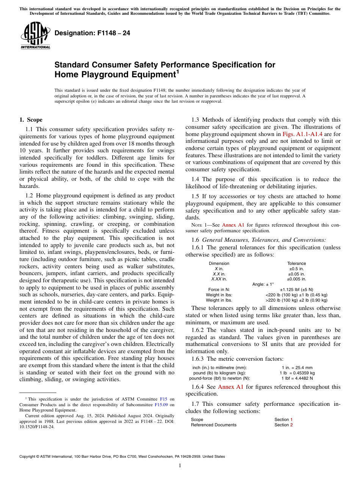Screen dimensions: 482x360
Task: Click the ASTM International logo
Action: [x=35, y=36]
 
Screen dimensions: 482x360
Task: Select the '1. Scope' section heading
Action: [x=31, y=120]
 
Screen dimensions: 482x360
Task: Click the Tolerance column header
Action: [x=296, y=263]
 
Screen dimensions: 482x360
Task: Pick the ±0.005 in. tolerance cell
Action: [x=296, y=279]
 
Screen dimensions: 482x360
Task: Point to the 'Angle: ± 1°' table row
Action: [x=263, y=284]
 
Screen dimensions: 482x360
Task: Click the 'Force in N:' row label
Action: [x=219, y=290]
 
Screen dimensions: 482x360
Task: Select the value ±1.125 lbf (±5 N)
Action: [x=296, y=290]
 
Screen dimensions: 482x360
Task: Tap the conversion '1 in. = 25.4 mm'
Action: [x=297, y=368]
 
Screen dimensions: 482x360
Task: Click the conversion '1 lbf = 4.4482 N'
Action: [x=297, y=378]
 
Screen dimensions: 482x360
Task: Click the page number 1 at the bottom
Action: [x=180, y=466]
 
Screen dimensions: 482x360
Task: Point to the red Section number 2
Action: [x=291, y=425]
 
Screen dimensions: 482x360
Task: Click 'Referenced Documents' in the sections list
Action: [x=213, y=425]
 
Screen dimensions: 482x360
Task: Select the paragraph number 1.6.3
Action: [x=199, y=359]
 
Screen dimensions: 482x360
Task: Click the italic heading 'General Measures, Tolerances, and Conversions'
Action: [x=264, y=240]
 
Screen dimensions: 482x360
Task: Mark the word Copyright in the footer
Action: [x=28, y=457]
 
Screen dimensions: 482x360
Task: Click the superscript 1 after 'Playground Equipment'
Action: [x=176, y=72]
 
